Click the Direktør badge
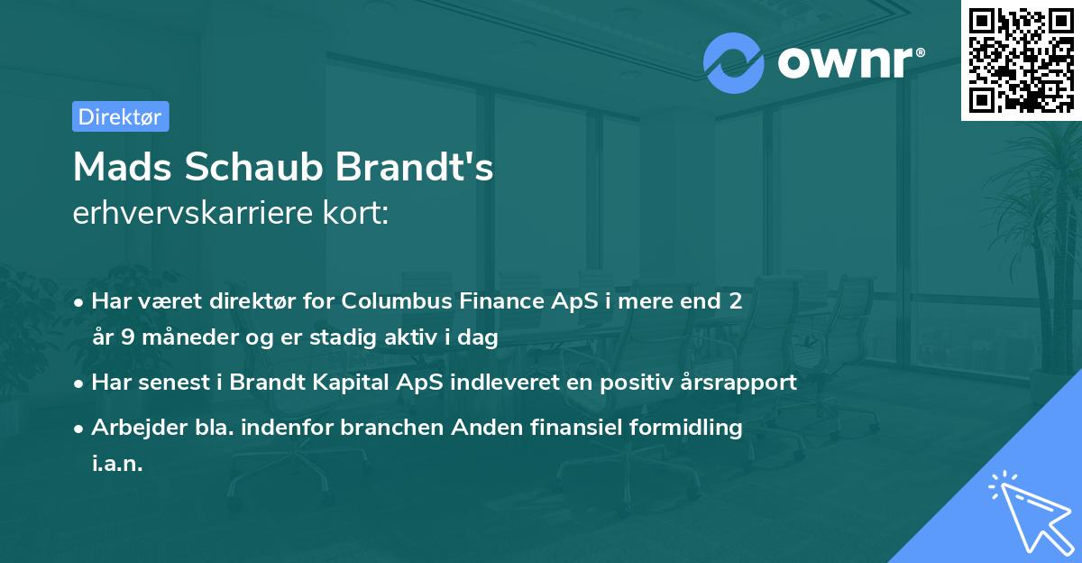[120, 116]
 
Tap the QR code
[1022, 60]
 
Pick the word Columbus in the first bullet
[389, 300]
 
